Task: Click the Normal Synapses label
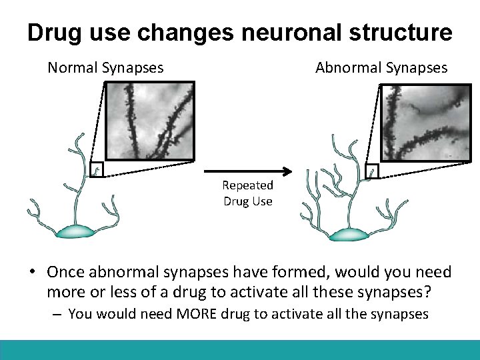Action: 105,67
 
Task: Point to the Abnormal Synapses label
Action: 381,67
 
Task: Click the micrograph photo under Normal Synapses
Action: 150,121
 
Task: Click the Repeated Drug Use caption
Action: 248,193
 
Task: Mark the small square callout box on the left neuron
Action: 97,171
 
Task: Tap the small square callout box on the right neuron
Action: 372,171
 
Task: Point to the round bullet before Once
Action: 31,272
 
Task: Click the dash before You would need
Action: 58,313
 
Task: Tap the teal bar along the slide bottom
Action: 240,350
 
